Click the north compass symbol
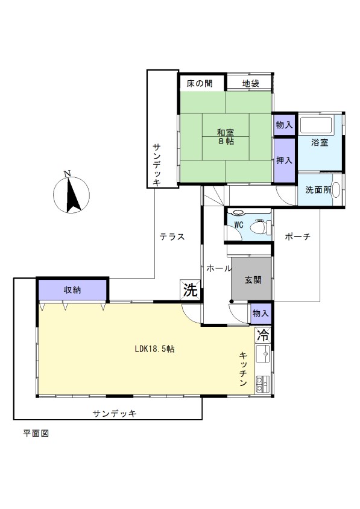[x=71, y=194]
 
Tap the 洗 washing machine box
[x=190, y=289]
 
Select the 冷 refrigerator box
[x=263, y=335]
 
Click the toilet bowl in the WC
[x=260, y=226]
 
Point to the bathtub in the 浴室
[x=315, y=125]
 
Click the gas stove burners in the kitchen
[x=263, y=384]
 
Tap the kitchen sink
[x=263, y=353]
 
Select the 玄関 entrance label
[x=253, y=279]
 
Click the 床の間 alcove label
[x=200, y=83]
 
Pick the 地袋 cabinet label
[x=251, y=83]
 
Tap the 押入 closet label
[x=285, y=160]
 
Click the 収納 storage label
[x=72, y=289]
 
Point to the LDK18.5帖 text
[x=154, y=349]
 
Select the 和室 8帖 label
[x=226, y=137]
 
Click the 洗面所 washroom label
[x=318, y=189]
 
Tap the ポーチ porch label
[x=298, y=236]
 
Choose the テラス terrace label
[x=172, y=236]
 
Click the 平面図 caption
[x=36, y=434]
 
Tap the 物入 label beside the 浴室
[x=285, y=125]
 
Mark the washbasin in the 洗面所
[x=336, y=189]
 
